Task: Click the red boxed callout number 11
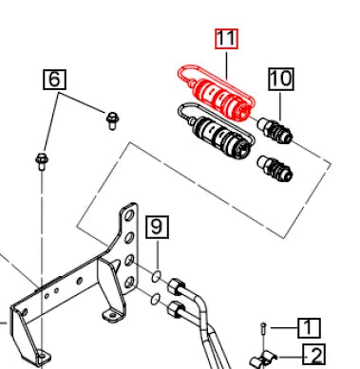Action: pos(226,39)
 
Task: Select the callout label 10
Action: pos(281,79)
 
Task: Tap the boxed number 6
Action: pos(54,79)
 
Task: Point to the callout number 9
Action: pos(157,227)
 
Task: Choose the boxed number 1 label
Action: pos(309,328)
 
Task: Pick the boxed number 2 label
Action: pos(314,355)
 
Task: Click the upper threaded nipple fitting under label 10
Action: pos(275,130)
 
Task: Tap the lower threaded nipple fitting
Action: pos(275,169)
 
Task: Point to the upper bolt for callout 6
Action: pos(112,120)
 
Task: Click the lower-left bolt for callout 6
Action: pos(42,161)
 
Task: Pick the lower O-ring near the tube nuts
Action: pos(155,299)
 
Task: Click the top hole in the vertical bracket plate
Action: pos(129,216)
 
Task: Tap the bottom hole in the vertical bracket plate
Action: pos(129,282)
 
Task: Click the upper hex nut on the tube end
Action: pos(177,286)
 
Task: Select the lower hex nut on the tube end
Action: pos(176,308)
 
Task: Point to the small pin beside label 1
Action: pos(263,328)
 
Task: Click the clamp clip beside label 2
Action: pos(263,359)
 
